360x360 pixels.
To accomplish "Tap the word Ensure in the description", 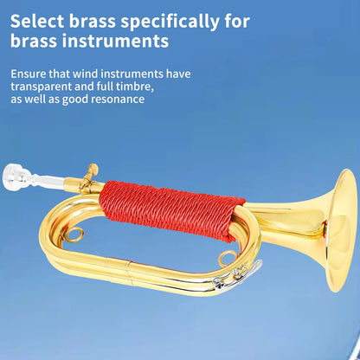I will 31,74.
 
